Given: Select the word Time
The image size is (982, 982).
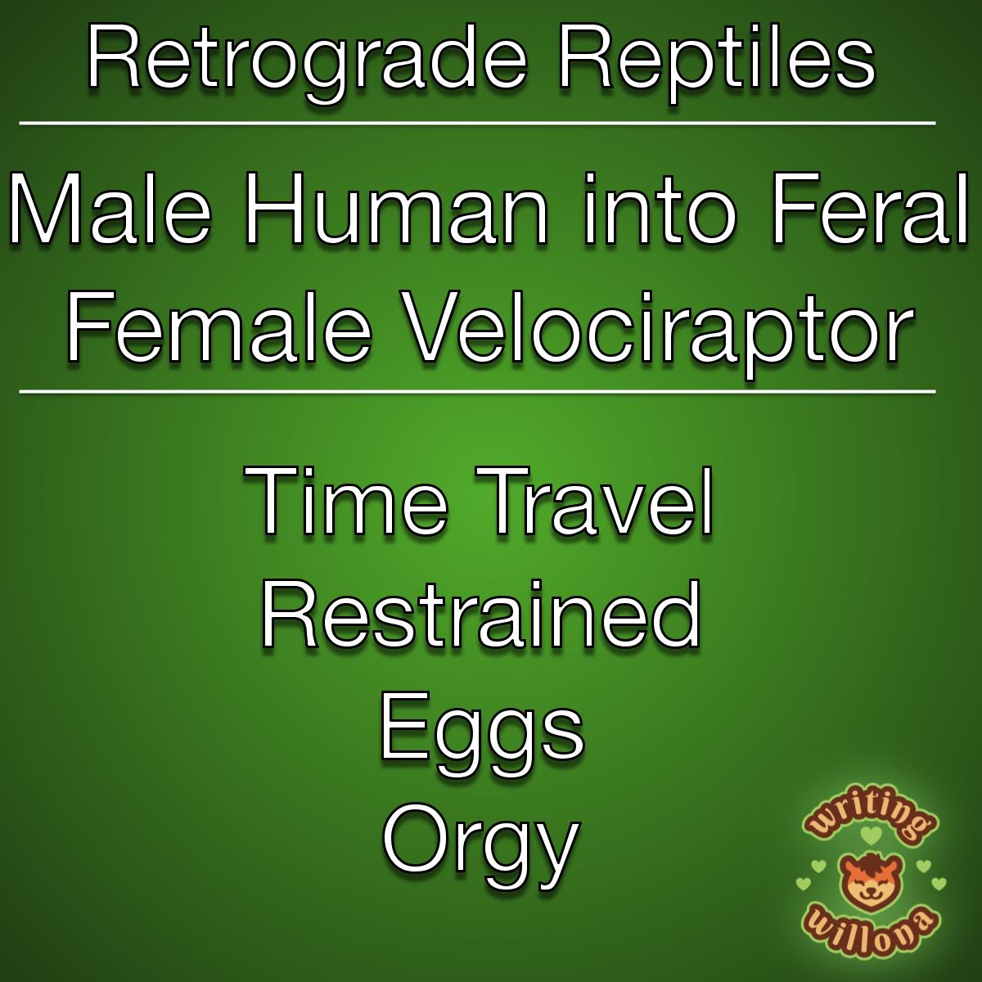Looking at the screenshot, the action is point(346,501).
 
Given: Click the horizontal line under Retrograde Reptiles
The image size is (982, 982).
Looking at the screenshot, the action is point(477,123).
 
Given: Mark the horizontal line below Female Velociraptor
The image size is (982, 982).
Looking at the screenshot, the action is point(477,392).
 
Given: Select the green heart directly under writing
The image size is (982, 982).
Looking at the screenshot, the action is point(871,835).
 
